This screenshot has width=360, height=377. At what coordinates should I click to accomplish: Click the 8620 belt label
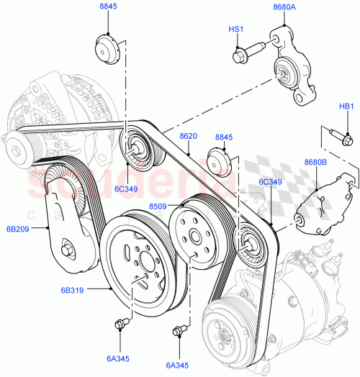click(188, 135)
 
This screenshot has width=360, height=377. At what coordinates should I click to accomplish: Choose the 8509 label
click(158, 206)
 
